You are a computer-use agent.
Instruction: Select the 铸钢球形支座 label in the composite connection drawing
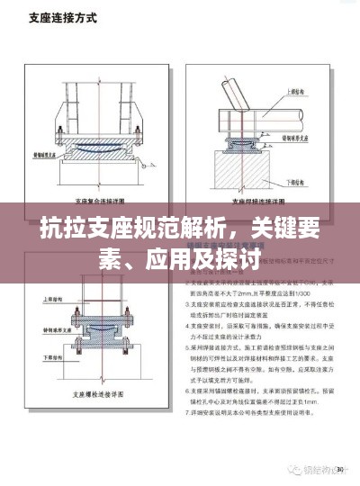[x=44, y=155]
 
